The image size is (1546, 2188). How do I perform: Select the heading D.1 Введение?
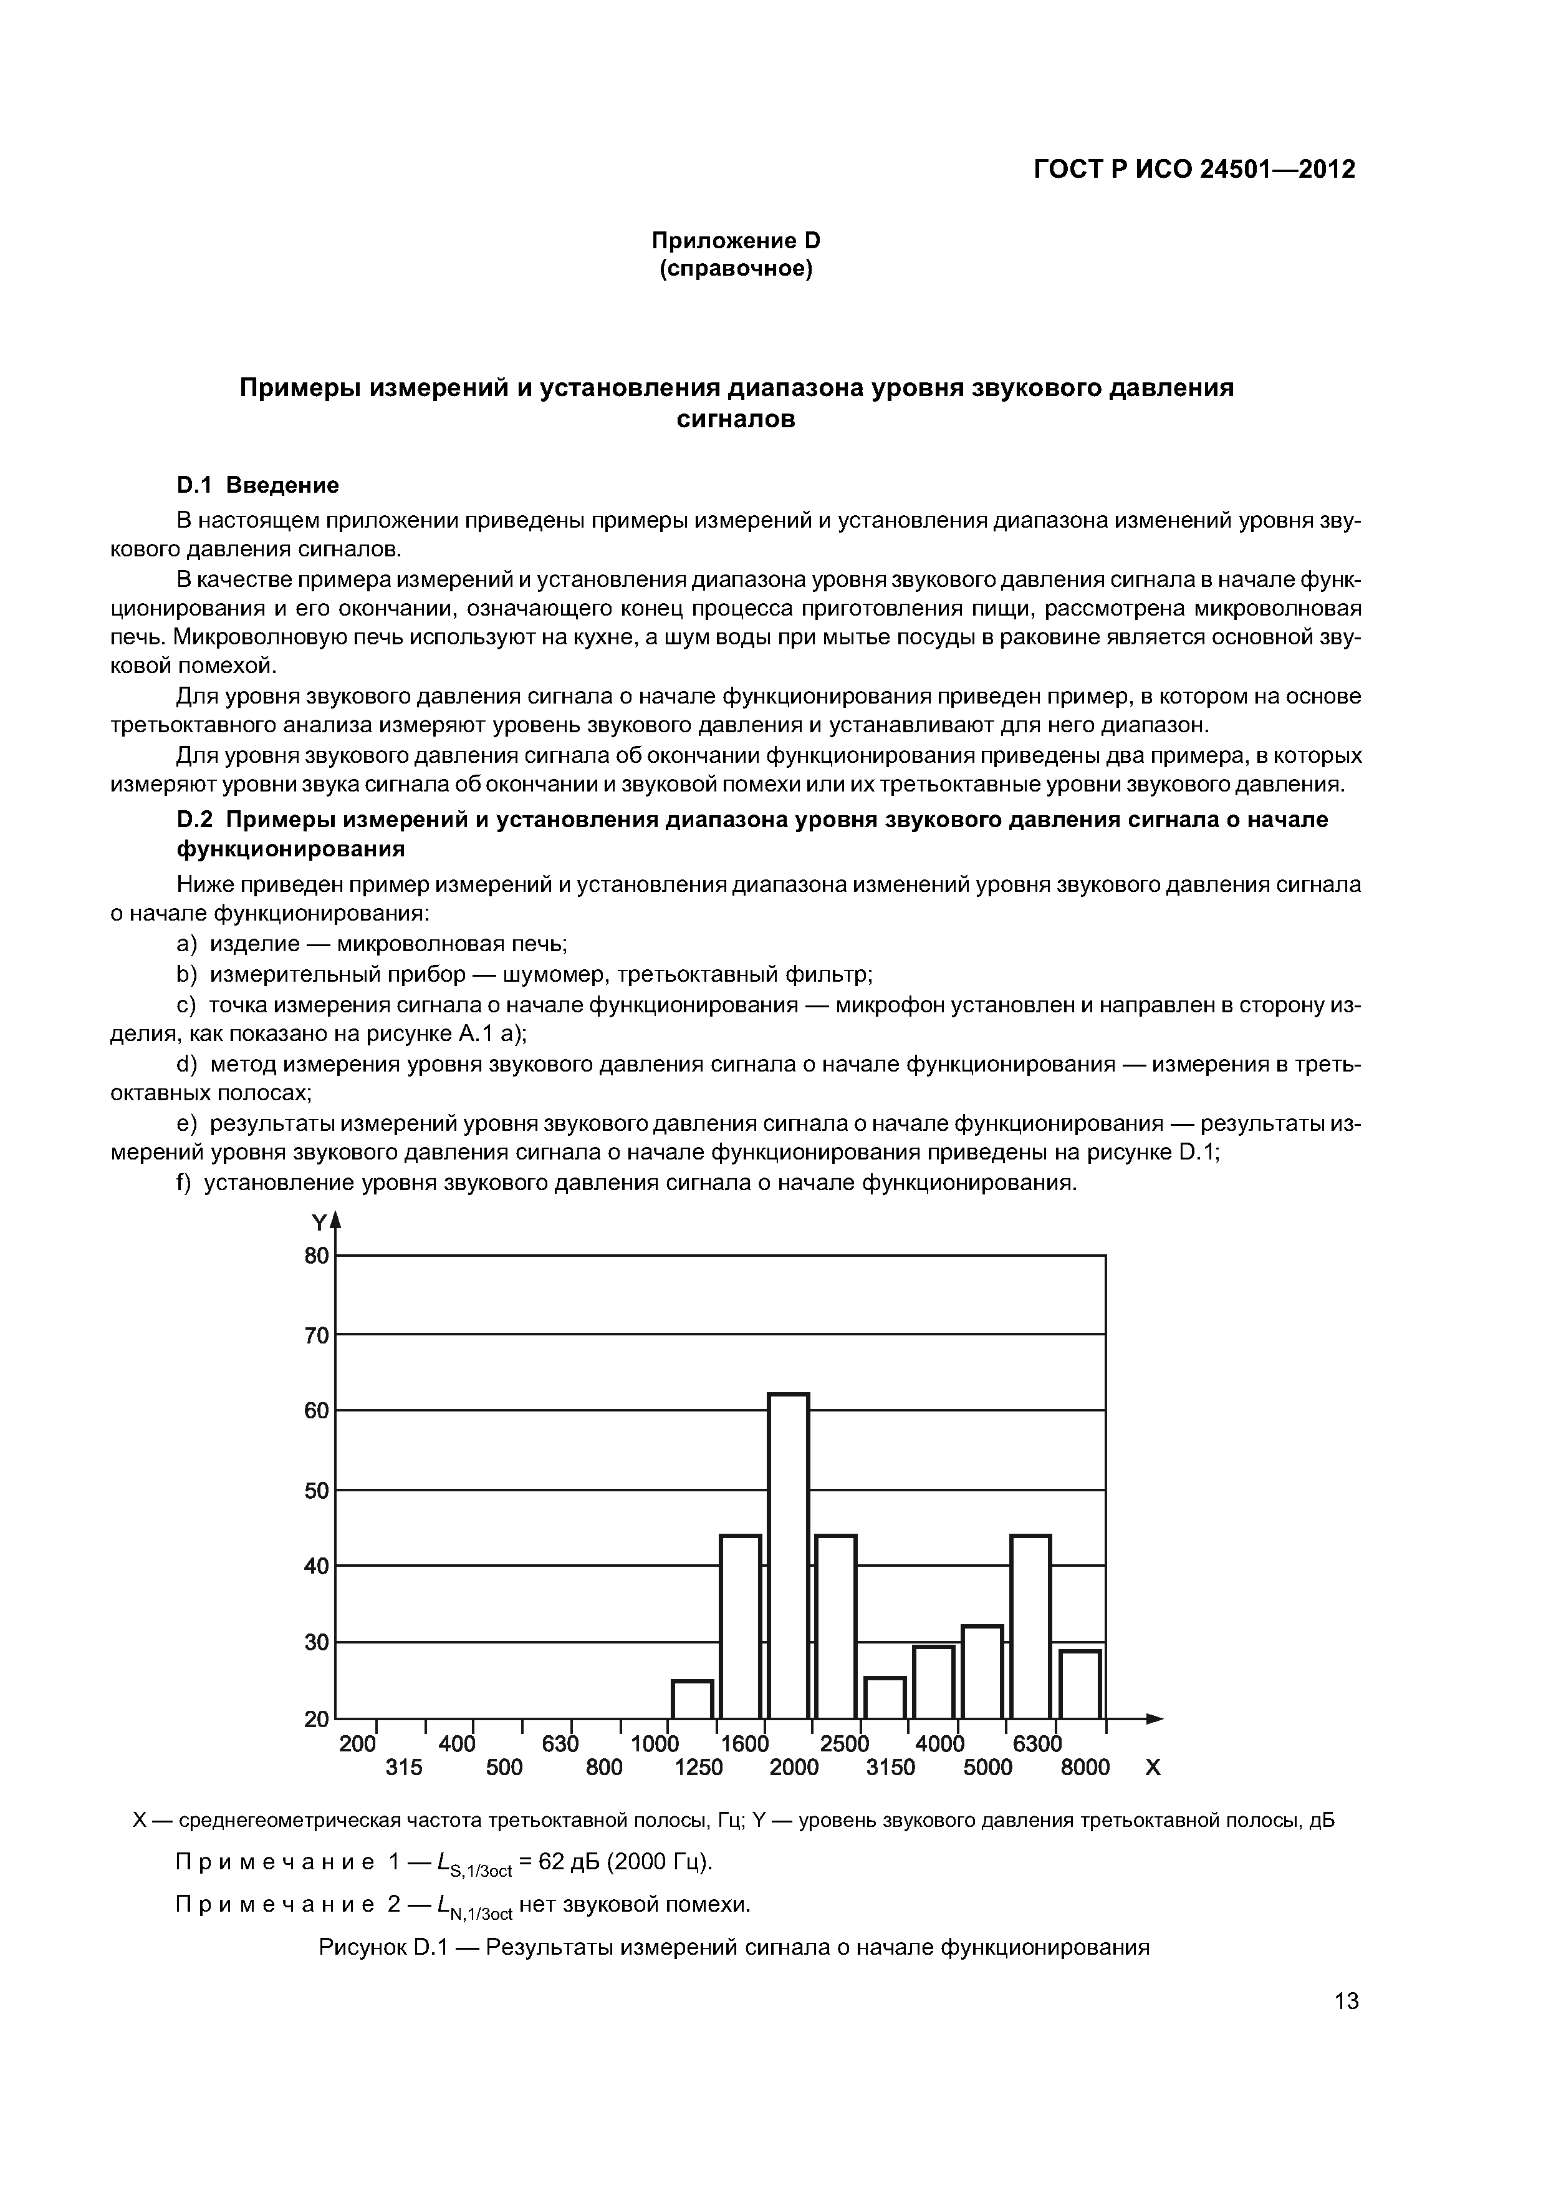(258, 485)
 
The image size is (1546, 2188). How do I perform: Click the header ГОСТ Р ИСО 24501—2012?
(1194, 170)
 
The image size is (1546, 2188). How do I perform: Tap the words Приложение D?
(736, 240)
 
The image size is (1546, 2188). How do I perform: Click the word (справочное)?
(736, 269)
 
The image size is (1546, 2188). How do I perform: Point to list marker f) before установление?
(184, 1183)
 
